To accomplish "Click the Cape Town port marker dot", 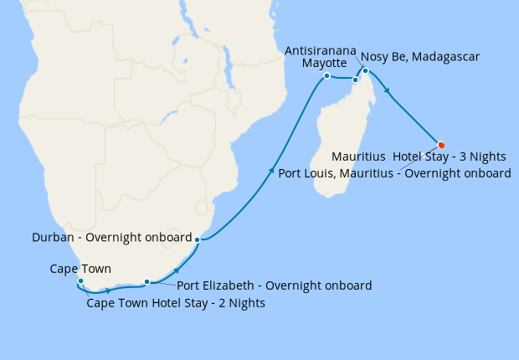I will click(80, 281).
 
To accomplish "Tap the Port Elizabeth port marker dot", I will click(146, 282).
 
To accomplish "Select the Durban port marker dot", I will click(197, 240).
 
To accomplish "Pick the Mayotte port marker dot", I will click(326, 76).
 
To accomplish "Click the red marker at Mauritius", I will click(441, 143).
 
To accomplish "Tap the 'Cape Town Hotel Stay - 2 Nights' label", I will click(176, 303).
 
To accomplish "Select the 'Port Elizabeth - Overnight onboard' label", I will click(275, 285).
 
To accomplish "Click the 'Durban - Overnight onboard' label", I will click(112, 237).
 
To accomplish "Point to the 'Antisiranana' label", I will click(321, 50).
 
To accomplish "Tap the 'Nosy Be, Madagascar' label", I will click(420, 57).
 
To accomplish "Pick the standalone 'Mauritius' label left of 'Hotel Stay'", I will click(358, 157).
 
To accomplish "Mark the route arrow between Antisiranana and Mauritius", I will click(387, 91).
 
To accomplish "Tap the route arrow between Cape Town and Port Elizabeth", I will click(108, 291).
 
